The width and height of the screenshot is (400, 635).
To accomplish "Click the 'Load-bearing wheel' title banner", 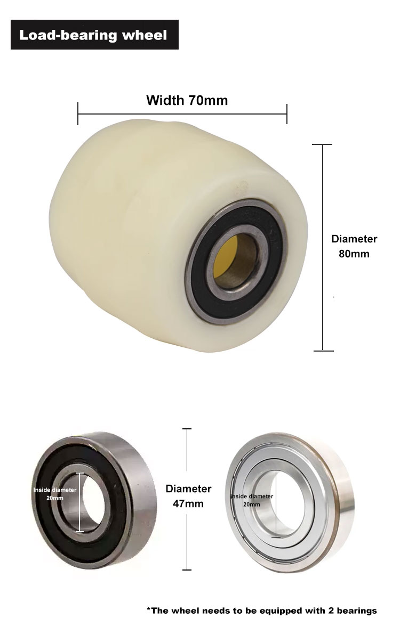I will [94, 35].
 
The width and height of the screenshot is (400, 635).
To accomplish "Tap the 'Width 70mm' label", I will [187, 100].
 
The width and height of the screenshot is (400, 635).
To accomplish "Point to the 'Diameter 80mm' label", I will [354, 246].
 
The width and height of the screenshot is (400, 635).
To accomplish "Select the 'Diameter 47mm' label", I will [188, 496].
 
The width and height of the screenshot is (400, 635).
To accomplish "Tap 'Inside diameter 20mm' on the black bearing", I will [55, 494].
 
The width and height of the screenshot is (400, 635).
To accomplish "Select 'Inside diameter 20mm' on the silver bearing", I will [252, 500].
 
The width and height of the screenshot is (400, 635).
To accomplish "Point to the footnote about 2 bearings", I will [261, 610].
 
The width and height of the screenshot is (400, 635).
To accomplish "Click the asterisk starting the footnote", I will [148, 609].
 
